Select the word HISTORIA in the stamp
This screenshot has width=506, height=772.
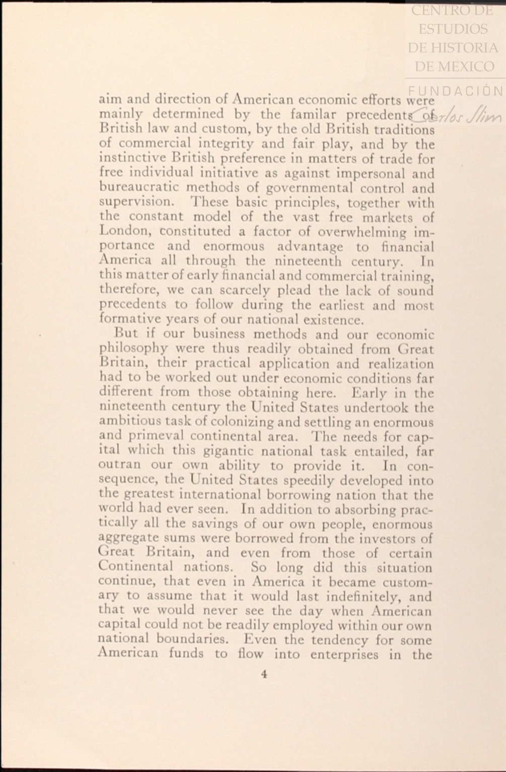[470, 48]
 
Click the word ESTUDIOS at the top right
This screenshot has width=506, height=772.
[453, 29]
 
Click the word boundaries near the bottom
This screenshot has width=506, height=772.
[192, 640]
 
